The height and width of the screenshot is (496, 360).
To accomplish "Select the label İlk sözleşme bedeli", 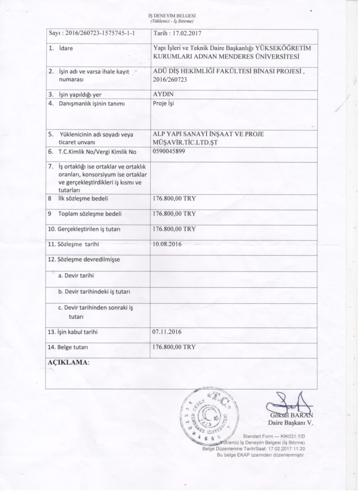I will coord(84,199).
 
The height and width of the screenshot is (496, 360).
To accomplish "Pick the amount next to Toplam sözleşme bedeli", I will coord(174,214).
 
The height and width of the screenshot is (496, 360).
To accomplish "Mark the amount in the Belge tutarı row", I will coord(174,347).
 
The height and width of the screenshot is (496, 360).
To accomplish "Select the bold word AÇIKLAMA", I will coord(67,362).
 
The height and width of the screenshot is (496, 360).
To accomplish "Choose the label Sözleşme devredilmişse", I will coord(84,259).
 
